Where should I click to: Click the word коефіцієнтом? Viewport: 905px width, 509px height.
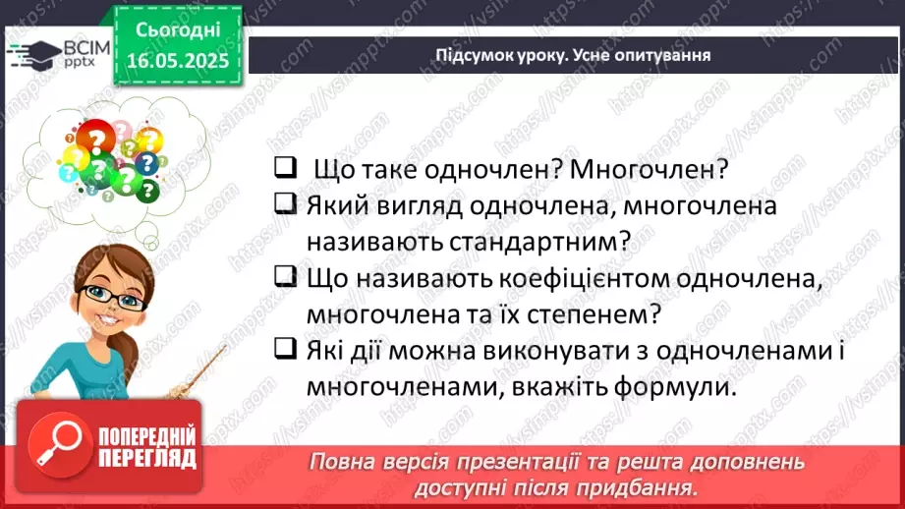click(x=588, y=279)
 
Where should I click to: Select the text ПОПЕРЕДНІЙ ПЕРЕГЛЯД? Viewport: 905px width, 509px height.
click(x=146, y=448)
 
